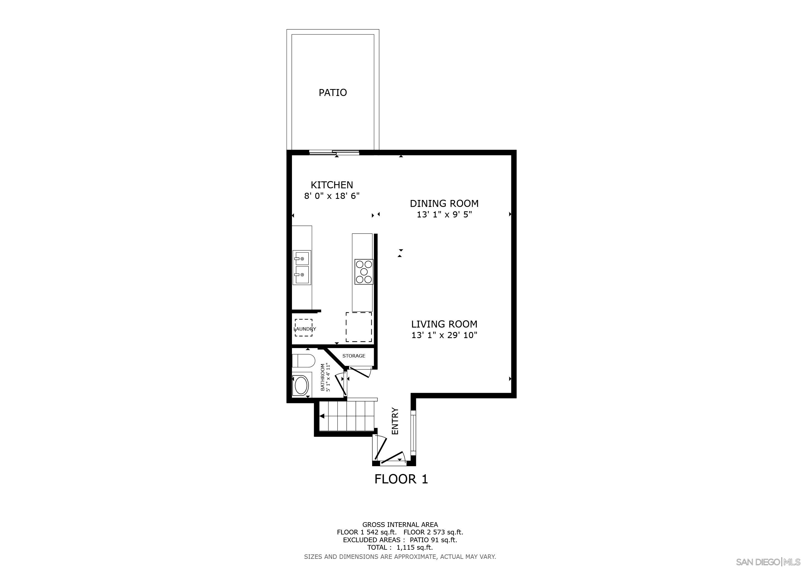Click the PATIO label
[x=333, y=93]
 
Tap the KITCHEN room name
[x=332, y=185]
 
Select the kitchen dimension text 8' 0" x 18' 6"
[x=332, y=196]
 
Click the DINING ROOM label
[x=444, y=203]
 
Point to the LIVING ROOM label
[x=444, y=324]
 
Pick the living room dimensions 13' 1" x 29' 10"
[x=444, y=335]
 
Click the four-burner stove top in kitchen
[x=364, y=272]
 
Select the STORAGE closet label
[x=354, y=356]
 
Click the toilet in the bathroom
[x=303, y=361]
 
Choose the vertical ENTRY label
[x=395, y=421]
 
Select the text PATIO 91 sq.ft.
[x=433, y=540]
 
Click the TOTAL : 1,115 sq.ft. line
[x=400, y=547]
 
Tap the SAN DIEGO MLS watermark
[x=768, y=562]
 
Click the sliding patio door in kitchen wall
[x=334, y=152]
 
